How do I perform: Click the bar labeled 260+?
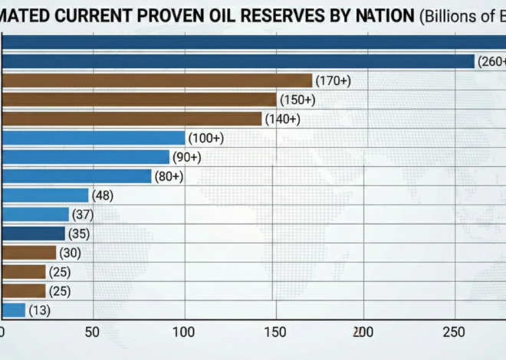[238, 61]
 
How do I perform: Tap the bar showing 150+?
[138, 100]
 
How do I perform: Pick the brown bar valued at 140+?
[131, 119]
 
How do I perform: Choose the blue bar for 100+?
[93, 138]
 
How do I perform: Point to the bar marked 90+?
[84, 157]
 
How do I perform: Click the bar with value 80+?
[76, 176]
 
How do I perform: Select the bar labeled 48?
[44, 195]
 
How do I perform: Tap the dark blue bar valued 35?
[33, 234]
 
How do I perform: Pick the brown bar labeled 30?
[28, 253]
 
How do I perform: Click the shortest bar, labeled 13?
[13, 310]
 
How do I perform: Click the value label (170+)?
[332, 80]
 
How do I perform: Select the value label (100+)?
[205, 138]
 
